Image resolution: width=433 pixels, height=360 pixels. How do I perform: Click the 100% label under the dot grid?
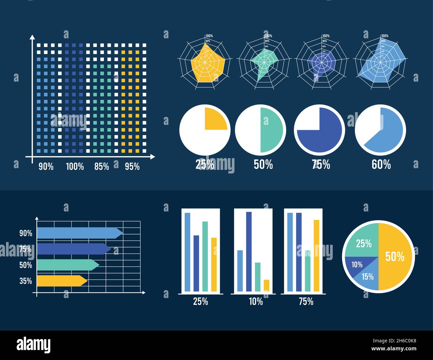(x=75, y=166)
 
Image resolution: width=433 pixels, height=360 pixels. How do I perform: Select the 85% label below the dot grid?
(x=102, y=166)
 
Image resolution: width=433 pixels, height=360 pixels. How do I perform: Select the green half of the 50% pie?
(x=271, y=130)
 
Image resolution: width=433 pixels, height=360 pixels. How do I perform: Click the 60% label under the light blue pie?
(x=381, y=164)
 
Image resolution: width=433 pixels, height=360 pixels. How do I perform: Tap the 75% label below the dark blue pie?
(x=321, y=164)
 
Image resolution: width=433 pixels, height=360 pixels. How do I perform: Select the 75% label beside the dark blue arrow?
(x=26, y=249)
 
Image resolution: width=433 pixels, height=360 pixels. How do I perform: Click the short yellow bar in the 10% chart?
(x=266, y=285)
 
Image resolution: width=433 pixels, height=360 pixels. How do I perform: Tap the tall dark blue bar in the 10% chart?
(x=249, y=251)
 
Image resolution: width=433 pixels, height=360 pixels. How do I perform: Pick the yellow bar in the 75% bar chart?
(x=316, y=255)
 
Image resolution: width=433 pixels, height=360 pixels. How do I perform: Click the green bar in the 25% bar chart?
(x=205, y=256)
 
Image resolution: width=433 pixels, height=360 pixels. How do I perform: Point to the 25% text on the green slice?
(x=364, y=244)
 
